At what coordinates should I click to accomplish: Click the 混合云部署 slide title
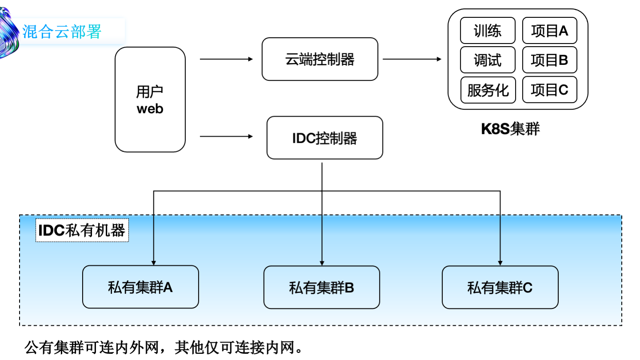click(x=62, y=32)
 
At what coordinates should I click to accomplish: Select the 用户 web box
click(x=150, y=100)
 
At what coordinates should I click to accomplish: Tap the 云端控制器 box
click(x=320, y=59)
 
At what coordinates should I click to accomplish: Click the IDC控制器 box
click(x=324, y=138)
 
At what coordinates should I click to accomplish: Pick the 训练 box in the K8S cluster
click(x=488, y=31)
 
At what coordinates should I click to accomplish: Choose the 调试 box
click(x=488, y=60)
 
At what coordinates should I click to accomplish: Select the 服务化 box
click(x=488, y=90)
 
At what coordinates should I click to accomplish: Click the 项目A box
click(x=549, y=31)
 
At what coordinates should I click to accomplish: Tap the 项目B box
click(x=549, y=60)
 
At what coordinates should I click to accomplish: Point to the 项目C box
click(x=549, y=90)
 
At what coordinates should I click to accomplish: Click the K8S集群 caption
click(x=510, y=129)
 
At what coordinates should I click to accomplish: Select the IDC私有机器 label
click(x=82, y=230)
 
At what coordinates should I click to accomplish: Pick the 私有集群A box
click(x=140, y=287)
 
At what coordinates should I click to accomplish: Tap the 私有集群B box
click(x=321, y=288)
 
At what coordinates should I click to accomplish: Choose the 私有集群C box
click(x=500, y=288)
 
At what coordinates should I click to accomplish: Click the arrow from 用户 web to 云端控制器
click(x=226, y=59)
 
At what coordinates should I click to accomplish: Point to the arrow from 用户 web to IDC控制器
click(x=226, y=136)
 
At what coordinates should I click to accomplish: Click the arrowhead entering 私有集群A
click(x=153, y=262)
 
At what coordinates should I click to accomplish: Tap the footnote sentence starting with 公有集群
click(x=164, y=347)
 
